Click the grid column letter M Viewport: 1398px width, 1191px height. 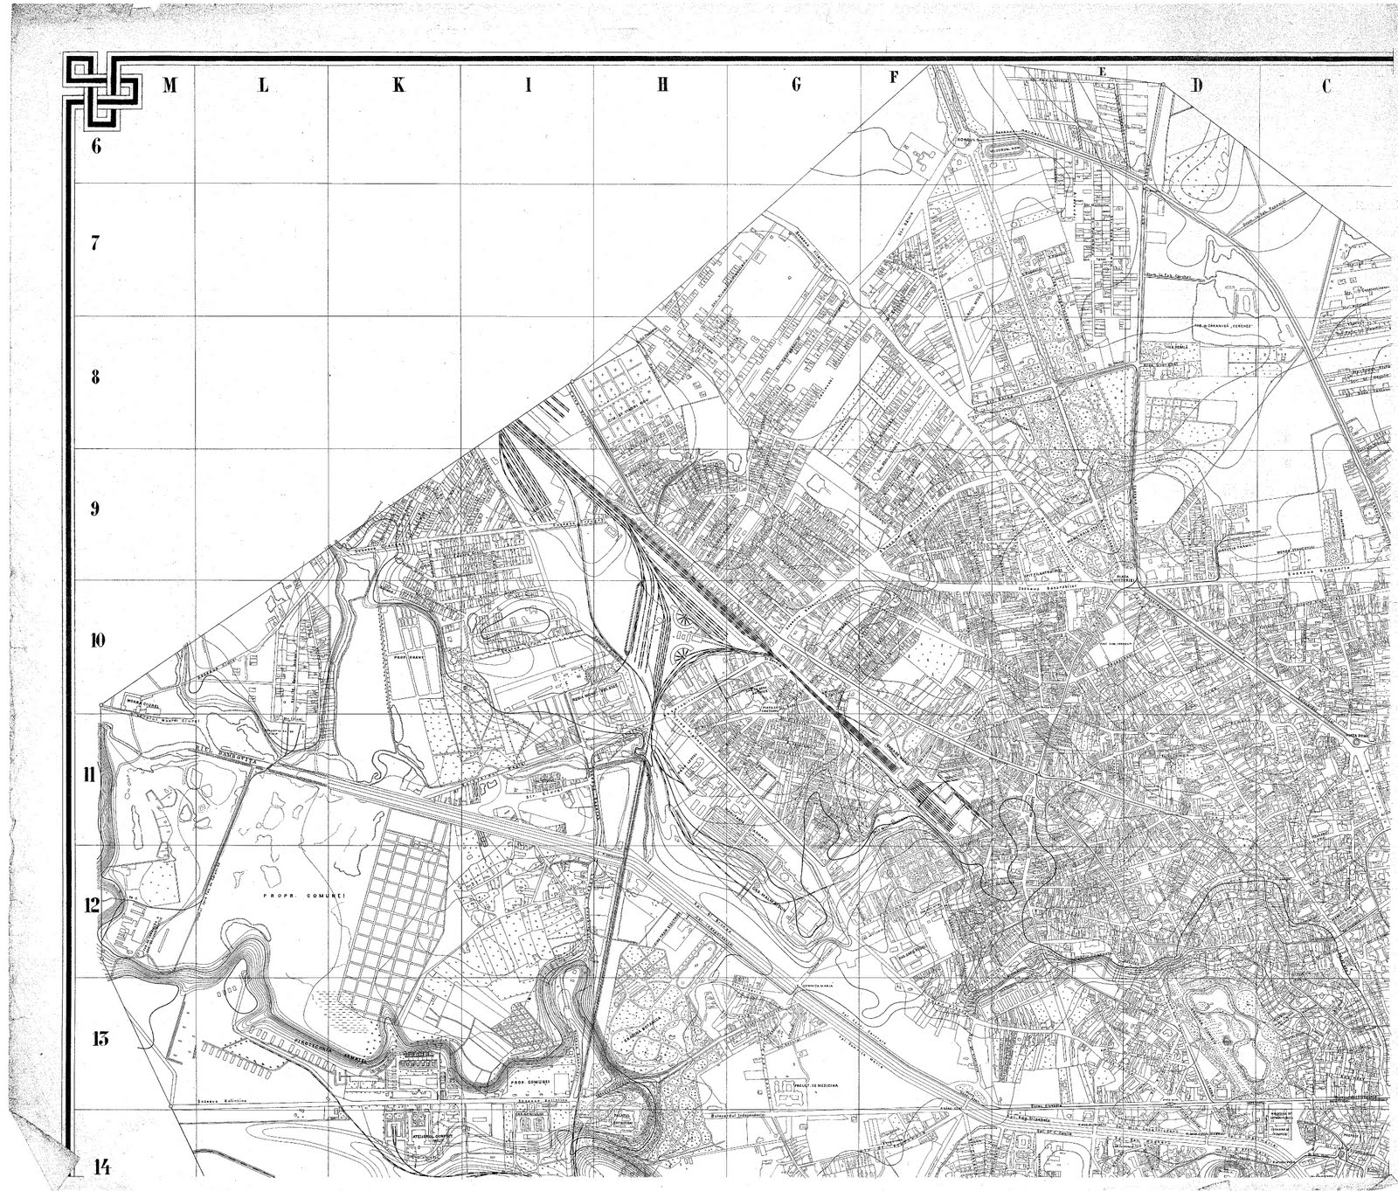tap(170, 86)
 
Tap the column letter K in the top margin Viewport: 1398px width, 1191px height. tap(398, 86)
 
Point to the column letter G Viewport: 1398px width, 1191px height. tap(796, 85)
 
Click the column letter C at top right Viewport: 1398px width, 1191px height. tap(1325, 86)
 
